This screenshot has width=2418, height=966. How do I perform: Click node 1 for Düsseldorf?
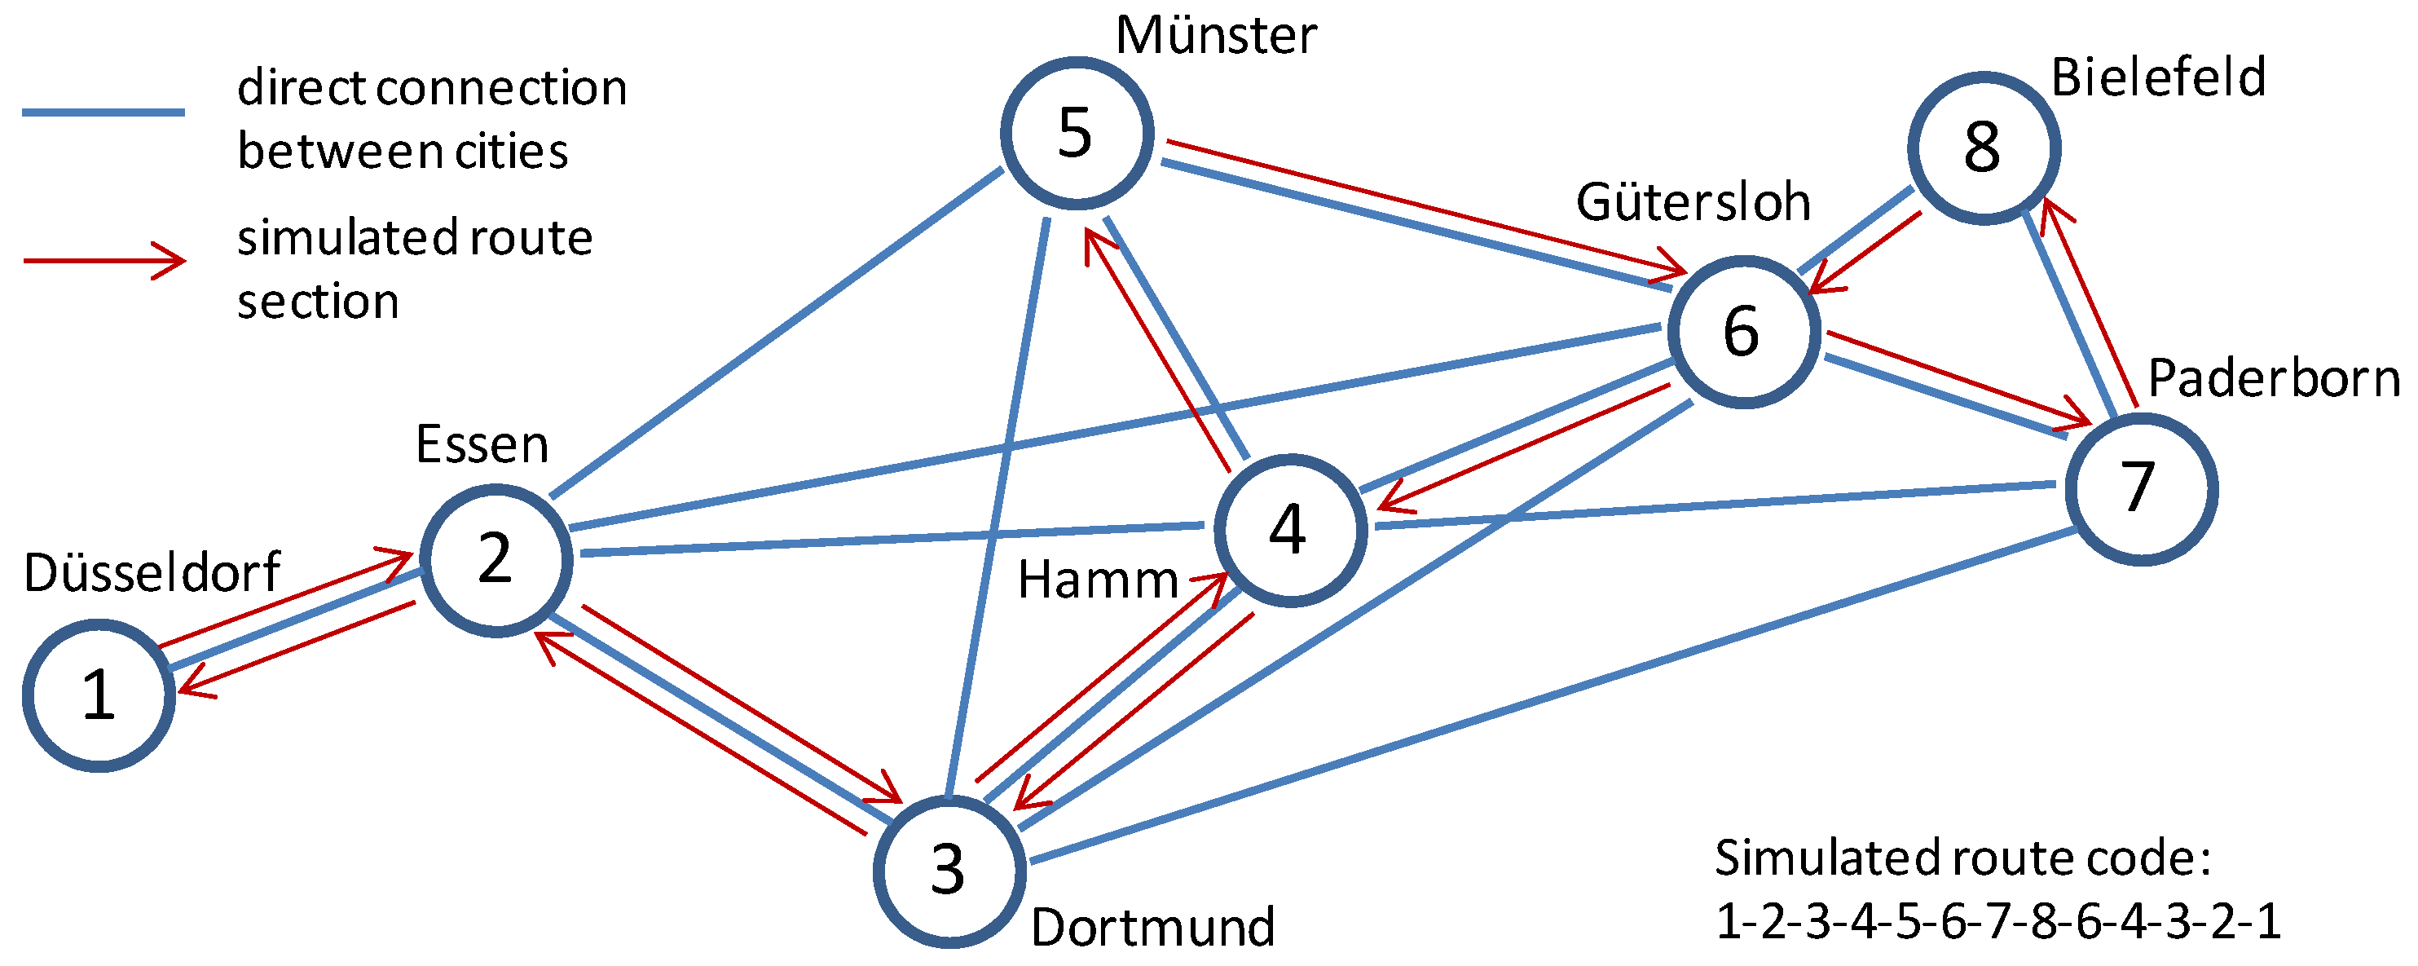tap(99, 695)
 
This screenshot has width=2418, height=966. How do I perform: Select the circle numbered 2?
tap(495, 561)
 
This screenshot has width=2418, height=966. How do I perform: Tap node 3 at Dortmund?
tap(949, 871)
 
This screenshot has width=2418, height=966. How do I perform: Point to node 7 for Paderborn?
tap(2141, 489)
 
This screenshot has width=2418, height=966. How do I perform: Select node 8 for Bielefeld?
tap(1984, 148)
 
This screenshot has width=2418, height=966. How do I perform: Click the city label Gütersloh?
tap(1693, 202)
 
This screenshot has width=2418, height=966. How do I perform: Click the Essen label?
tap(482, 444)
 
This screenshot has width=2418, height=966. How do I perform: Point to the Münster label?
tap(1216, 36)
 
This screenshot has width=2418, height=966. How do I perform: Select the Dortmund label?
tap(1152, 927)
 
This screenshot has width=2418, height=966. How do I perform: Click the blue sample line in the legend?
tap(104, 112)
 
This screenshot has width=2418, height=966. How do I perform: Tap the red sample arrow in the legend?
tap(104, 260)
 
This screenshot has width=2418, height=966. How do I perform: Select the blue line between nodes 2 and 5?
tap(777, 333)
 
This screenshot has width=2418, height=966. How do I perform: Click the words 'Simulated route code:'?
tap(1962, 857)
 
